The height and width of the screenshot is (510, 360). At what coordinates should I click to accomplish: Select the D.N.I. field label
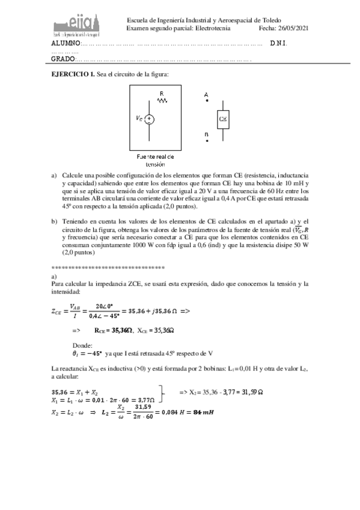278,44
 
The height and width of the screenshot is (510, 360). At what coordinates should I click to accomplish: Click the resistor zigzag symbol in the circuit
162,100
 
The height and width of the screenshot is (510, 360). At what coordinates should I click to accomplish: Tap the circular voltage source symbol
150,119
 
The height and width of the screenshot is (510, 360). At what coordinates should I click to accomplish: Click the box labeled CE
222,118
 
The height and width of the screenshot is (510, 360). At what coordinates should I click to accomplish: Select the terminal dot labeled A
207,102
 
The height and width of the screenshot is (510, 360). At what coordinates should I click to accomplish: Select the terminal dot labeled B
207,141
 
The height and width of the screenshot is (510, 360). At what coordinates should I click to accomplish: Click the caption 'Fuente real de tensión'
155,160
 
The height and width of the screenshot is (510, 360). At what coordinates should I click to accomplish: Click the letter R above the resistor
162,93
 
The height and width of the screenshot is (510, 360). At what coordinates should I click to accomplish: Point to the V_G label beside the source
139,119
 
